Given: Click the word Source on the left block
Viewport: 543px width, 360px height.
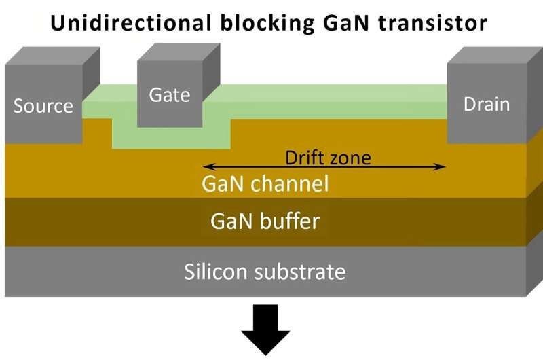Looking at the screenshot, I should (43, 106).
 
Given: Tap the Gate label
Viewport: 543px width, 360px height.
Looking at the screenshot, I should (170, 95).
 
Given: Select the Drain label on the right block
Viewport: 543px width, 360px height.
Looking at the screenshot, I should (486, 104).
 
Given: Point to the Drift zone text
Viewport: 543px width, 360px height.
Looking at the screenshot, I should (328, 158).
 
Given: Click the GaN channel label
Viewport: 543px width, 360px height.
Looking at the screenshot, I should (265, 183).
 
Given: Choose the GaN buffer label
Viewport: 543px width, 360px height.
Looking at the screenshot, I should (265, 221).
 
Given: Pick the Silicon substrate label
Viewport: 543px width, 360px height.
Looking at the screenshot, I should (265, 272).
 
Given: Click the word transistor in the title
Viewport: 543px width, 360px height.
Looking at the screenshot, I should (431, 23).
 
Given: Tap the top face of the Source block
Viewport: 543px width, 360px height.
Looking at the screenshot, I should (52, 56).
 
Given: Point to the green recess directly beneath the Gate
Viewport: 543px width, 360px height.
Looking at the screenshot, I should (170, 138).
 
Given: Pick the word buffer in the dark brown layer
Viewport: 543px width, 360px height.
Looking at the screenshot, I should (289, 221).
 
